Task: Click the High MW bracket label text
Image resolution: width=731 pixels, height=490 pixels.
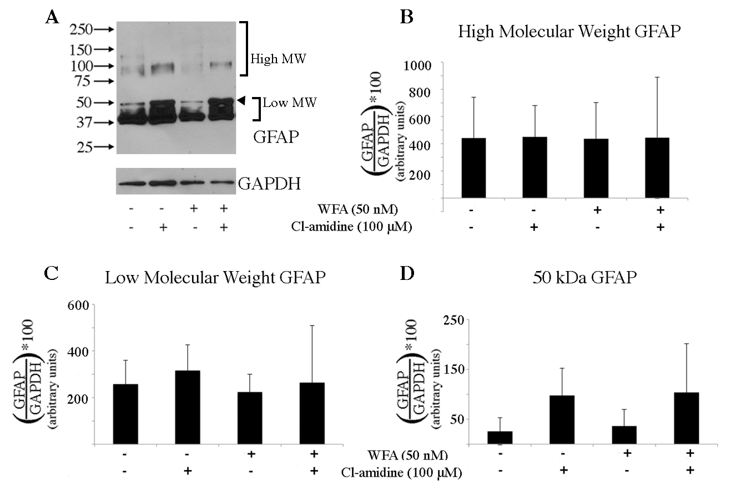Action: [278, 58]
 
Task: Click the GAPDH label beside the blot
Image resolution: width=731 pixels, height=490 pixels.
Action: [269, 184]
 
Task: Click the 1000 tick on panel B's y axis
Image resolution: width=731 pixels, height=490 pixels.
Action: [423, 65]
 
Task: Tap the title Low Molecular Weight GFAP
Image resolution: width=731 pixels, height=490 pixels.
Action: [215, 279]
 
